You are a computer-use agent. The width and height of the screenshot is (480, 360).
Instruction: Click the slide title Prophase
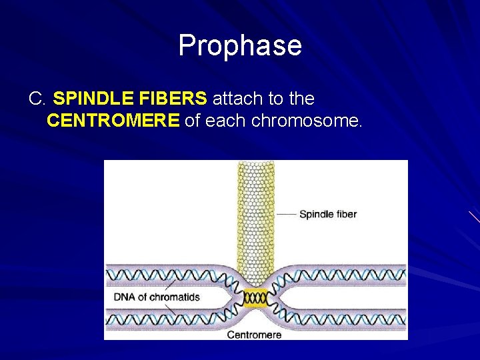240,46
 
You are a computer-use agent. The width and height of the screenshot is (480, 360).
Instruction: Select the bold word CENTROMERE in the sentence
113,121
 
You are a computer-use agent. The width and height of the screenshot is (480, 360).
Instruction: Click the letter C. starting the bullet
37,99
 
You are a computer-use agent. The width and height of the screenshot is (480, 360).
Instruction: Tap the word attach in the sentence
238,99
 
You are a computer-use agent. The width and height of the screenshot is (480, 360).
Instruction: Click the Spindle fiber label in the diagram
327,214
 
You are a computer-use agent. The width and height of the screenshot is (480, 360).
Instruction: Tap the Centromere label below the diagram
254,334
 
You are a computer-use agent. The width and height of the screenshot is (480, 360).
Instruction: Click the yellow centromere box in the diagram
255,298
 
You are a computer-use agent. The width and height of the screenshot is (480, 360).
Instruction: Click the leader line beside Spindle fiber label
286,214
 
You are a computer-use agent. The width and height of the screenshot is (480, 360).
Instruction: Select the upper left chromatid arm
167,274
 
